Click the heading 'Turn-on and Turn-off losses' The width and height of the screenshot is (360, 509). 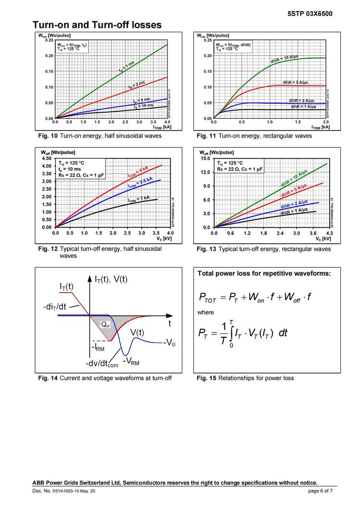(x=96, y=24)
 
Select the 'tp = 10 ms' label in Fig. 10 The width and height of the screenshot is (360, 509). (x=144, y=106)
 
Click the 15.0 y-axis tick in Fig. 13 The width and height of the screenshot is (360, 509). (x=205, y=158)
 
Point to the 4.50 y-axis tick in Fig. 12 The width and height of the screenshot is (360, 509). (x=47, y=158)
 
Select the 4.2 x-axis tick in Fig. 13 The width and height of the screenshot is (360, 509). (x=330, y=233)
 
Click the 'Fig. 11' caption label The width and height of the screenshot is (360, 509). (x=206, y=136)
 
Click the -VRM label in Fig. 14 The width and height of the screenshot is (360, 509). (x=131, y=362)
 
